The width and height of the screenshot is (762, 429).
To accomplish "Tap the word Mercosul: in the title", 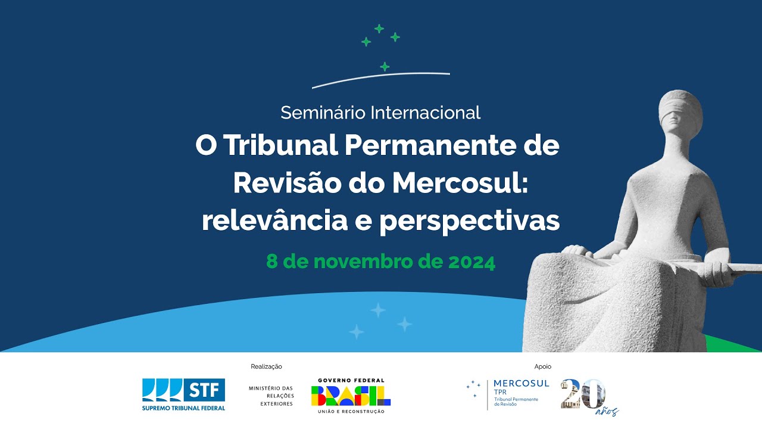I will coord(460,183).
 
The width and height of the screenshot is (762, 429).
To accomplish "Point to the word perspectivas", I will coord(470,221).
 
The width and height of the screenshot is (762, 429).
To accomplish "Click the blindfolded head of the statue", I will coord(680,113).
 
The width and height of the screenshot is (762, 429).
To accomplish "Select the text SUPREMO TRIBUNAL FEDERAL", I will coord(183,408).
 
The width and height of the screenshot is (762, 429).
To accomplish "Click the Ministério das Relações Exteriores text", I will coord(271,396).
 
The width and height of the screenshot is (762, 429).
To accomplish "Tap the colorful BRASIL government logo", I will coord(351,395).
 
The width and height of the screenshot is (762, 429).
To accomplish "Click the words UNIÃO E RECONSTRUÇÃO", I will coord(351,412).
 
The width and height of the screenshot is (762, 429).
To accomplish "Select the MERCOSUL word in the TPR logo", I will coord(521,383).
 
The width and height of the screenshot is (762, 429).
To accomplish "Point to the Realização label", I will coord(267,366).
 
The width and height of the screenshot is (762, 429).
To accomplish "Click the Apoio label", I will coord(543,366).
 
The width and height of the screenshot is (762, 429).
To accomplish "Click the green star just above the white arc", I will coord(385,66).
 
